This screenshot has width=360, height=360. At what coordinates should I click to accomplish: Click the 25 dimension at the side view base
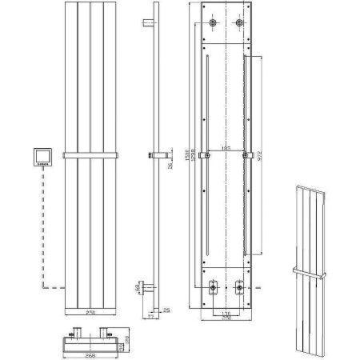click(x=166, y=310)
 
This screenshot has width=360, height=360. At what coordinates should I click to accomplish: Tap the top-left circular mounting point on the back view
click(x=214, y=24)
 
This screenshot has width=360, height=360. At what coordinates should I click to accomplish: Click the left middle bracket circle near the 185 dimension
click(x=207, y=154)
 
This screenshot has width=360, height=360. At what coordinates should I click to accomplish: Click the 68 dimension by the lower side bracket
click(x=138, y=287)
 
